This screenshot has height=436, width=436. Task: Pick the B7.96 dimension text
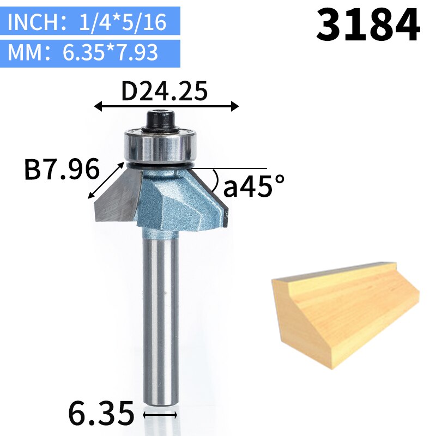pyautogui.click(x=61, y=171)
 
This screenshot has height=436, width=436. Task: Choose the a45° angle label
pyautogui.click(x=254, y=187)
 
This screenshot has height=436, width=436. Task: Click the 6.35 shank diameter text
pyautogui.click(x=101, y=413)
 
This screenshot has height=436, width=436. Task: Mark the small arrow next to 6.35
pyautogui.click(x=160, y=415)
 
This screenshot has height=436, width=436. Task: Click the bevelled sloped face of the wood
pyautogui.click(x=354, y=311)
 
